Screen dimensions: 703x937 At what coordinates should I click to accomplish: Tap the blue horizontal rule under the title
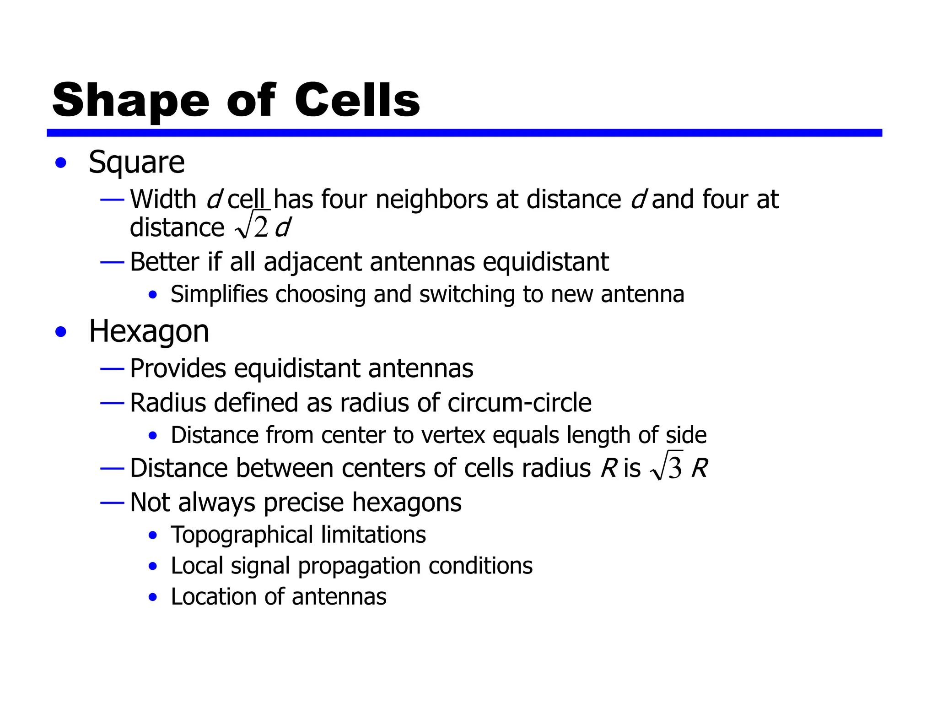tap(464, 133)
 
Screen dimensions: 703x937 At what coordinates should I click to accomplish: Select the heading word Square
tap(136, 163)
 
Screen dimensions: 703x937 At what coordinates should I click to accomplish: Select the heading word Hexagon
tap(149, 331)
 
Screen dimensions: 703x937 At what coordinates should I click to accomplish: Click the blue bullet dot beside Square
tap(61, 163)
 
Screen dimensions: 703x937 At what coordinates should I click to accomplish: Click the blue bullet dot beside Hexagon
tap(61, 332)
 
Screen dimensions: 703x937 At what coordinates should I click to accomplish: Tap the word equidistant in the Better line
tap(545, 262)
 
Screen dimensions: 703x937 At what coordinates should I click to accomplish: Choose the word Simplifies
tap(219, 294)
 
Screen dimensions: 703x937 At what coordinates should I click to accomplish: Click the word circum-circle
tap(519, 403)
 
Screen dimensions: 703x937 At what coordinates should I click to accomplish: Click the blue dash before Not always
tap(112, 503)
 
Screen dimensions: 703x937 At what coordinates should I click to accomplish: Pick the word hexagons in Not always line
tap(407, 503)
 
